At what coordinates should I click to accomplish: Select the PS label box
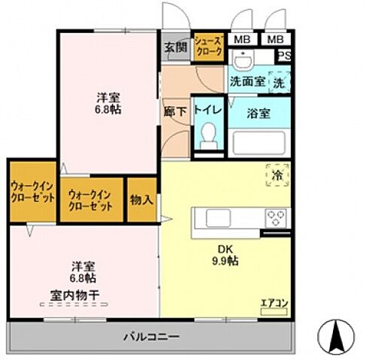point(286,56)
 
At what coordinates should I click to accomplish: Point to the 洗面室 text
point(247,82)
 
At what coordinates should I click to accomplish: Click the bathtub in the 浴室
point(260,141)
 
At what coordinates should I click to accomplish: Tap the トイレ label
point(207,109)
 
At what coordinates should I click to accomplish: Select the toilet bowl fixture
point(207,137)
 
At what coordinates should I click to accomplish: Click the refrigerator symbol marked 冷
point(275,175)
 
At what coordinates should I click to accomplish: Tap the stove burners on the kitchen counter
point(275,219)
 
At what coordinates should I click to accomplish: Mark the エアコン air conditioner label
point(274,304)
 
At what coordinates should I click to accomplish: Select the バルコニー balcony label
point(151,335)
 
